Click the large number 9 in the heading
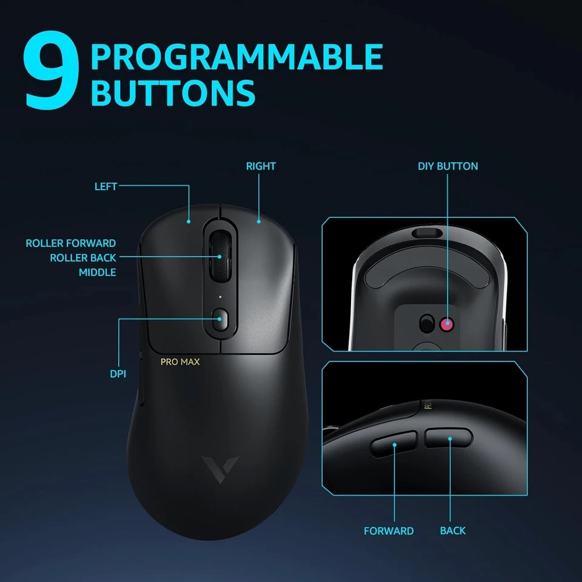[x=52, y=70]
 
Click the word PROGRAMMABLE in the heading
[x=236, y=56]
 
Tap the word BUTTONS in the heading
[x=173, y=92]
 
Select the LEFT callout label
[x=105, y=187]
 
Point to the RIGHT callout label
[x=261, y=166]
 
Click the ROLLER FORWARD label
[x=70, y=243]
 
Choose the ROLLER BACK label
[x=82, y=258]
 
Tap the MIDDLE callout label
[x=97, y=272]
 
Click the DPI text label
[x=118, y=374]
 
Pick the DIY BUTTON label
[x=448, y=166]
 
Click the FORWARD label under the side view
[x=389, y=530]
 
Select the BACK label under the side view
[x=453, y=530]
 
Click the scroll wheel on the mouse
[x=220, y=256]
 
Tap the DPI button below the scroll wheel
[x=220, y=319]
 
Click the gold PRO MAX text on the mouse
[x=180, y=362]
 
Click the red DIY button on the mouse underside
[x=448, y=323]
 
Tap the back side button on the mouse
[x=449, y=438]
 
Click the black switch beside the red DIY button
[x=429, y=322]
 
